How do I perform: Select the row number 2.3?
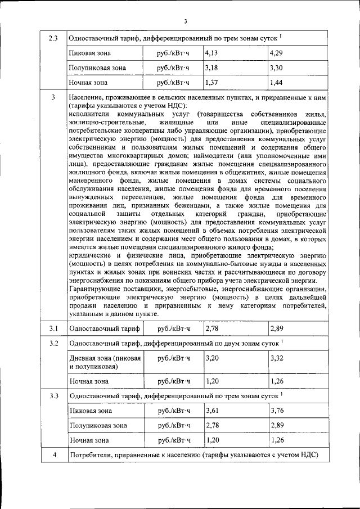pos(53,39)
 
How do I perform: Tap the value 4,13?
pos(211,53)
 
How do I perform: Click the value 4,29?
pos(276,53)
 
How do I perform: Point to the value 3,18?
pos(211,68)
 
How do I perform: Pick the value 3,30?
pos(276,68)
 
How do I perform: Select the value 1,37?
pos(211,82)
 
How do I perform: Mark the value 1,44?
pos(276,82)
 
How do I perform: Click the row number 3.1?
pos(53,328)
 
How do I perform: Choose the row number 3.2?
pos(53,343)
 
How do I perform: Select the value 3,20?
pos(211,358)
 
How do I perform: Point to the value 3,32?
pos(276,358)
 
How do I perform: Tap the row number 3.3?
pos(53,396)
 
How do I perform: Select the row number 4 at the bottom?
pos(53,454)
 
